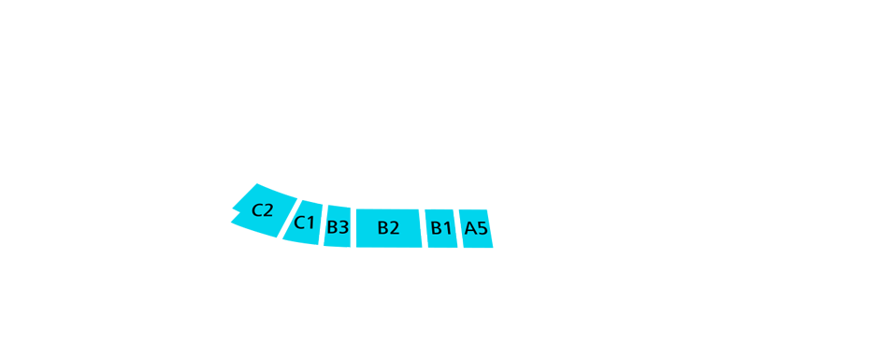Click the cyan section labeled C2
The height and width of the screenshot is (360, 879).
(264, 209)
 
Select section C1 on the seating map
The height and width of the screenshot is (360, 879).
(304, 223)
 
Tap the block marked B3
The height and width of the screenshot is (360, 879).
(337, 227)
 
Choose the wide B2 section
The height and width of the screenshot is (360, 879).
(388, 228)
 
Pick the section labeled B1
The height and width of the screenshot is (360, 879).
(440, 228)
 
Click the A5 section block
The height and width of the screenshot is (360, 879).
(475, 228)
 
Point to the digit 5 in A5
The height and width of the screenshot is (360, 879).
(482, 228)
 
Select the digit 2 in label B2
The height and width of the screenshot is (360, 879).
(394, 228)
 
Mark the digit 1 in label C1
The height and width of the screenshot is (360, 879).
(310, 223)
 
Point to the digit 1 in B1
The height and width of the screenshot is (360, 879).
(447, 228)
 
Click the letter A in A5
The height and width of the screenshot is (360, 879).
(470, 228)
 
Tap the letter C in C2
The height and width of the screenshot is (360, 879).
(257, 210)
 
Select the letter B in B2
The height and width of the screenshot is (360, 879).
(382, 228)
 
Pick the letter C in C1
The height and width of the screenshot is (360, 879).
(299, 223)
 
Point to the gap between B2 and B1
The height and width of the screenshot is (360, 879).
(423, 228)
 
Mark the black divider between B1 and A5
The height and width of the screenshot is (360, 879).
(458, 228)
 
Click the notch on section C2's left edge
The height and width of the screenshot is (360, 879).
(234, 216)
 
